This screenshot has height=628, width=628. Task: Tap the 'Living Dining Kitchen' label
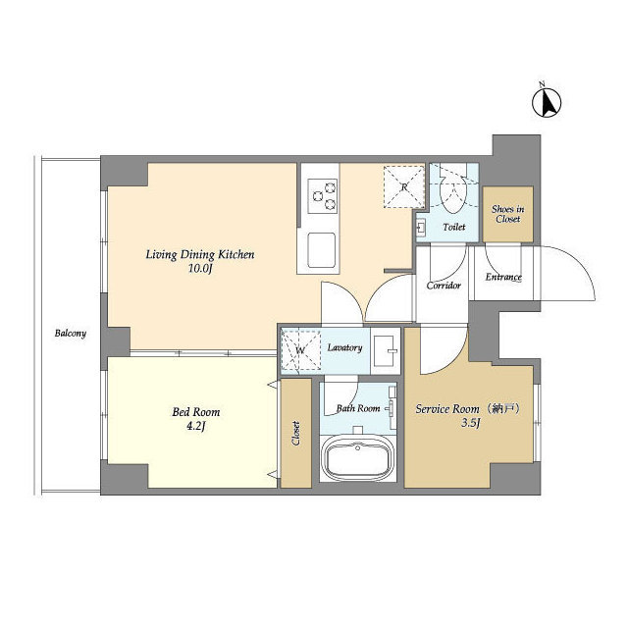click(200, 255)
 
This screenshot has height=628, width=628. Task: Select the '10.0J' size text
click(200, 269)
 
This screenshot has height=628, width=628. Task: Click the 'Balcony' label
click(70, 334)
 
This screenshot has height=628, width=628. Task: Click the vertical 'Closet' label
click(295, 433)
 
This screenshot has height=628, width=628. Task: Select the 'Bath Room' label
click(358, 408)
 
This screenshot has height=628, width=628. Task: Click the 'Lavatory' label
click(345, 348)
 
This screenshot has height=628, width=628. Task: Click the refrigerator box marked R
click(403, 186)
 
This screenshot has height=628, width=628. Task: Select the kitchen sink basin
click(323, 250)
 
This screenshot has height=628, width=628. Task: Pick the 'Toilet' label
click(453, 227)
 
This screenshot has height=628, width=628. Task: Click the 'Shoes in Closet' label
click(507, 213)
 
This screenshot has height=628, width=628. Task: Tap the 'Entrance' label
click(503, 278)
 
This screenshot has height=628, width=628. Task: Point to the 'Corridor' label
click(444, 287)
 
